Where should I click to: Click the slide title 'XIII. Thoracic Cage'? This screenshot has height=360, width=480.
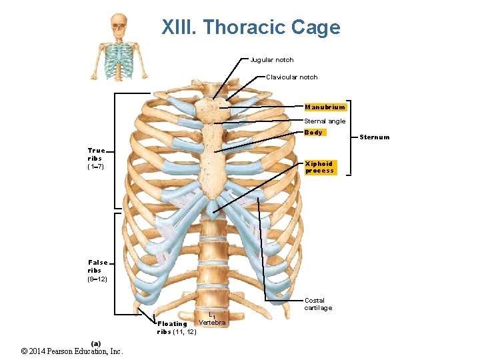tap(251, 27)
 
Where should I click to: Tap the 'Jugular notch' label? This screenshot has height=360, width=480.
tap(271, 60)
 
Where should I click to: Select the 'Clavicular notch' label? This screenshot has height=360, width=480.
tap(291, 77)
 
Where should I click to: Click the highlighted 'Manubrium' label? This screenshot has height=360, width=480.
tap(325, 107)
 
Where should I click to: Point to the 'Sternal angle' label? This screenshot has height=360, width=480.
tap(325, 121)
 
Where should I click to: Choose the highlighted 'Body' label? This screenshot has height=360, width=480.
tap(313, 133)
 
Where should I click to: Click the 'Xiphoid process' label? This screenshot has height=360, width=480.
tap(319, 167)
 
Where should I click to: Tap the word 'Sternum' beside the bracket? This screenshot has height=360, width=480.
tap(374, 138)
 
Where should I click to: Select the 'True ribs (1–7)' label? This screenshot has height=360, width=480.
tap(95, 159)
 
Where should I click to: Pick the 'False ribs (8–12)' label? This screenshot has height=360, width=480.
tap(97, 271)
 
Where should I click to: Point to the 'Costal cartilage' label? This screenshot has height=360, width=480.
tap(318, 304)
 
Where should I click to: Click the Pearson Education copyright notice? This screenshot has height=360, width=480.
tap(72, 351)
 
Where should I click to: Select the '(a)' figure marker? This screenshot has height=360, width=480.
tap(96, 343)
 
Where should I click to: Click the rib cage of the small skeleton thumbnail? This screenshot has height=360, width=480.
tap(120, 61)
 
